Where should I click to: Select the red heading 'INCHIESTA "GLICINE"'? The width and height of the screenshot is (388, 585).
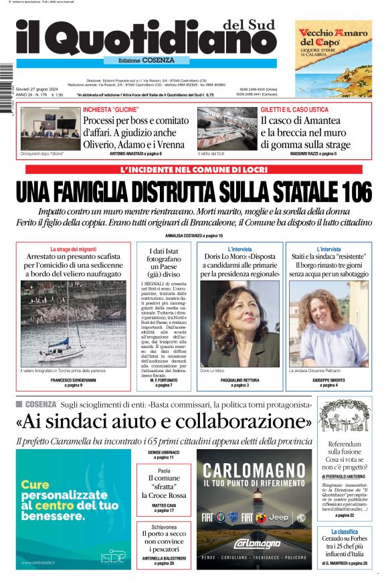pyautogui.click(x=111, y=109)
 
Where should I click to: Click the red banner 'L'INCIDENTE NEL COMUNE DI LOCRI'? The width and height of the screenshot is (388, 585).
pyautogui.click(x=194, y=170)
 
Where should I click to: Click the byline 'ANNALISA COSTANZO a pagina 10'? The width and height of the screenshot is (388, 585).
pyautogui.click(x=194, y=236)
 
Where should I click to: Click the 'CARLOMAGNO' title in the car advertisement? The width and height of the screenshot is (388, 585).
pyautogui.click(x=254, y=471)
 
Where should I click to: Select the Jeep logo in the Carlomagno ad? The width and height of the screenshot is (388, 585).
pyautogui.click(x=278, y=517)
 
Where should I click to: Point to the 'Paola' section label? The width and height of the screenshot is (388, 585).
pyautogui.click(x=164, y=471)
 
